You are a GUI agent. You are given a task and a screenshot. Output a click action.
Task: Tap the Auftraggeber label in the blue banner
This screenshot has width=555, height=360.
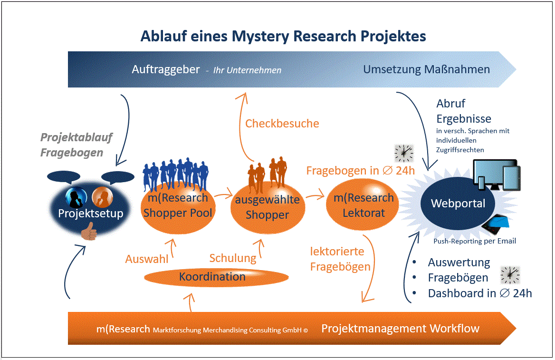click(x=166, y=69)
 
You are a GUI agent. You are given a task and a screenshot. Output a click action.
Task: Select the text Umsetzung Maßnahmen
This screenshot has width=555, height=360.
click(x=426, y=69)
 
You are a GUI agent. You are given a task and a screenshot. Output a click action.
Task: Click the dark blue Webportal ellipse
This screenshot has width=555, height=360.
click(x=458, y=204)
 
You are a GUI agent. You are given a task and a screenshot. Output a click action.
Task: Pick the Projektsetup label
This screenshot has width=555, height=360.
click(x=90, y=214)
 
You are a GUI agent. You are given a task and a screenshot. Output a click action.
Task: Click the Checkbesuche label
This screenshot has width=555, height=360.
click(x=282, y=124)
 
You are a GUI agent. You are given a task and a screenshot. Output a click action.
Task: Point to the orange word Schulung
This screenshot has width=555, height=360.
click(x=233, y=258)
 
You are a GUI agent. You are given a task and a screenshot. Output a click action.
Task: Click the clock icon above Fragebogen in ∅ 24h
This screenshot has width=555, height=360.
click(x=404, y=153)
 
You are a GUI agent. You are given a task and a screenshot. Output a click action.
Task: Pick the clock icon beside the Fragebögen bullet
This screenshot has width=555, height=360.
click(x=510, y=275)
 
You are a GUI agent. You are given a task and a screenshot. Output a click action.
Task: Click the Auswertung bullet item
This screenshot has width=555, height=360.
click(x=459, y=263)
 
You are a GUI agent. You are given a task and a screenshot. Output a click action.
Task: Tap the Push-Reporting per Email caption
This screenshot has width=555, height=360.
click(x=475, y=241)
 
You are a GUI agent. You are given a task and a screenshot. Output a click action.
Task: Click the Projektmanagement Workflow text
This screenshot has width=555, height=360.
click(x=400, y=328)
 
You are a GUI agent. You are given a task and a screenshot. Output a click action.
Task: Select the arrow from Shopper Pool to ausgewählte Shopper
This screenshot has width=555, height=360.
click(x=221, y=195)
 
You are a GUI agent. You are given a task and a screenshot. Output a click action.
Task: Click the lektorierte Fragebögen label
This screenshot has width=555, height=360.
click(x=340, y=259)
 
